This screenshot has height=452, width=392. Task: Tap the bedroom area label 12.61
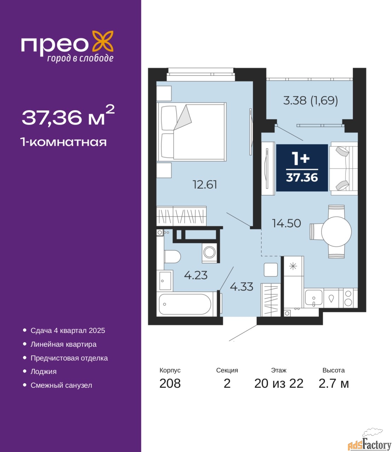[205, 184]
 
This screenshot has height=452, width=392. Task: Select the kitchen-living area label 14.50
[286, 224]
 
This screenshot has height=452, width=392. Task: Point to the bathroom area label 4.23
[195, 275]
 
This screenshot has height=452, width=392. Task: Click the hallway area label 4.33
[241, 287]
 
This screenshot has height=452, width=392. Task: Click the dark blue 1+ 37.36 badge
[302, 168]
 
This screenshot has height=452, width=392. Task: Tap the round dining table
[337, 232]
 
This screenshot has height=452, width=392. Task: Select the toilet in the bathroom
[172, 257]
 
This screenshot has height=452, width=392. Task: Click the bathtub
[185, 304]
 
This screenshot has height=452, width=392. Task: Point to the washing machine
[210, 252]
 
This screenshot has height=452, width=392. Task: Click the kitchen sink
[314, 298]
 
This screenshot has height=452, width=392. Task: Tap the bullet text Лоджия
[43, 371]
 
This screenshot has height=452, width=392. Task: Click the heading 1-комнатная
[63, 142]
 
